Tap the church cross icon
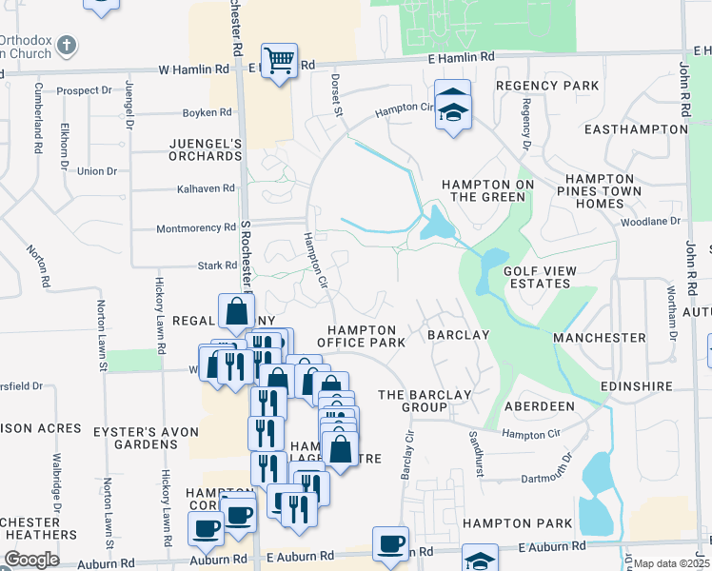click(66, 45)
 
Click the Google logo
click(31, 560)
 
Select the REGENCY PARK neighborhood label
click(546, 86)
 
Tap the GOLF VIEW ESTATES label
click(540, 277)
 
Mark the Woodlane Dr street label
click(650, 221)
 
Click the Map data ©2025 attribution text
click(671, 563)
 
